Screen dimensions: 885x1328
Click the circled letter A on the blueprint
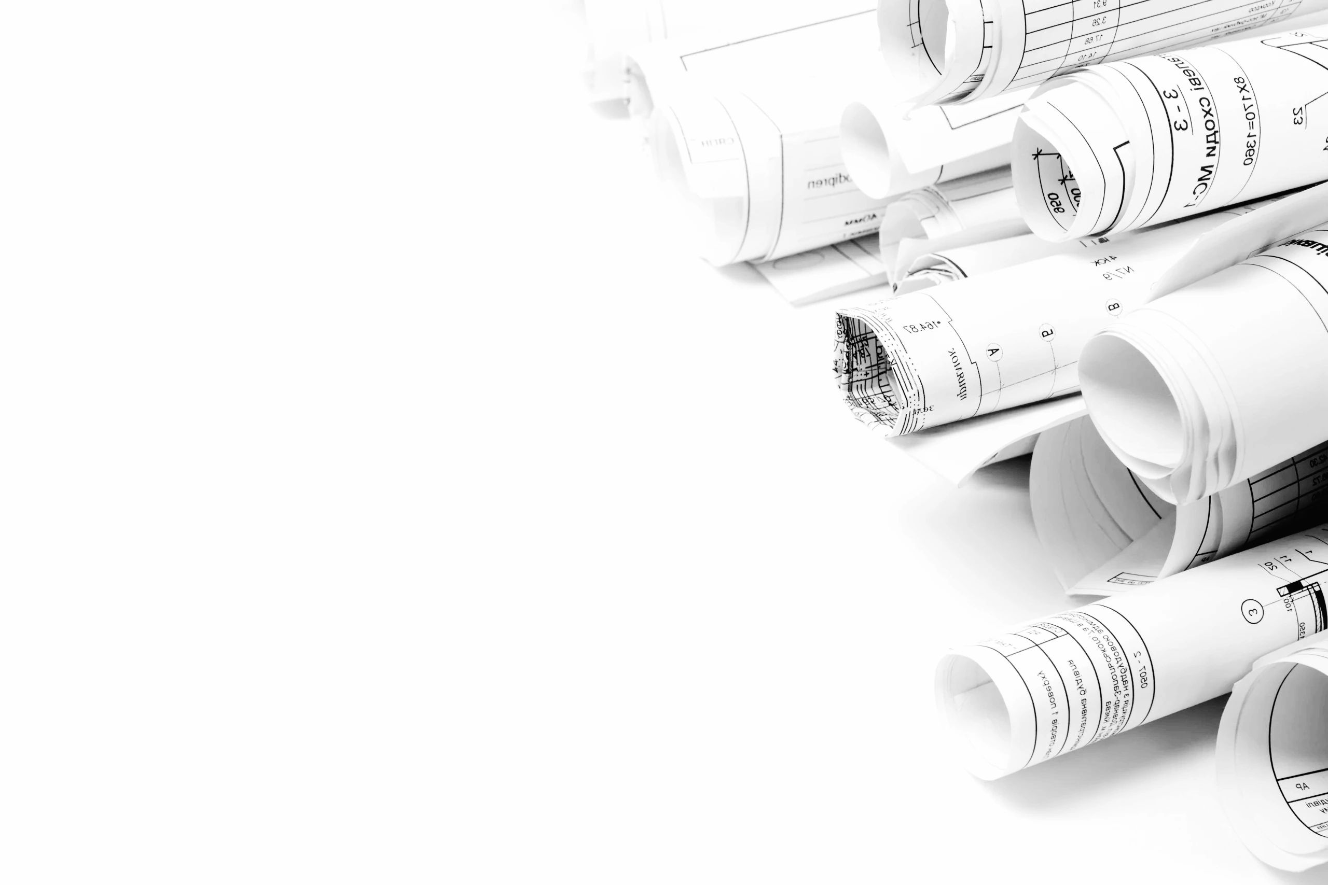[x=994, y=353]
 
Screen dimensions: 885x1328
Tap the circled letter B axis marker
[x=1113, y=307]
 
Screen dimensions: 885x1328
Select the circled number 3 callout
[x=1252, y=612]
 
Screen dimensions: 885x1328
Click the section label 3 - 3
[x=1178, y=109]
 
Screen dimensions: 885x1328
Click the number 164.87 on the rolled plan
[x=922, y=326]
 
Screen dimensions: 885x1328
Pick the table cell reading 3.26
[x=1096, y=22]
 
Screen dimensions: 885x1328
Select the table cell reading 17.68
[x=1092, y=40]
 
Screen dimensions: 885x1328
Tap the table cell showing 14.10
[x=1087, y=57]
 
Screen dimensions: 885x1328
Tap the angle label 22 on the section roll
[x=1297, y=116]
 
